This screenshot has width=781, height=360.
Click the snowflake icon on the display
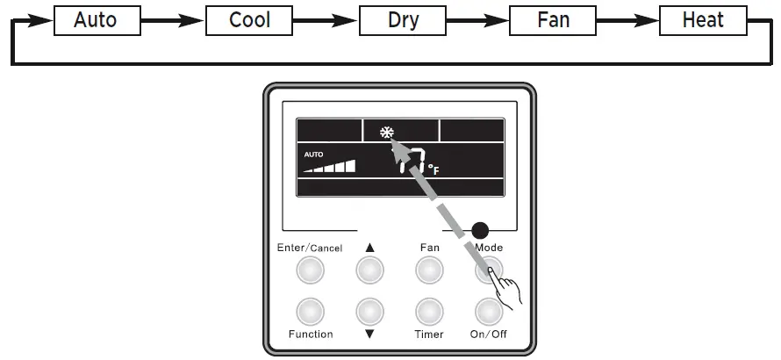(386, 133)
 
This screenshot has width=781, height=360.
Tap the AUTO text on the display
(313, 155)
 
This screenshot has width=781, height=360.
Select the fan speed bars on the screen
(330, 166)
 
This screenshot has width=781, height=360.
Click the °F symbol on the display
(433, 168)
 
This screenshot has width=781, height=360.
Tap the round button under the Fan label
(429, 270)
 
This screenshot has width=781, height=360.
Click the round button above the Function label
(310, 311)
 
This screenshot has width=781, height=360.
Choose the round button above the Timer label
(429, 311)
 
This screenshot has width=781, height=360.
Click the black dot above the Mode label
(479, 232)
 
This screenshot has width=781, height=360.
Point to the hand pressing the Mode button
(506, 289)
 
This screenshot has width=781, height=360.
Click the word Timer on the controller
(429, 335)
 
